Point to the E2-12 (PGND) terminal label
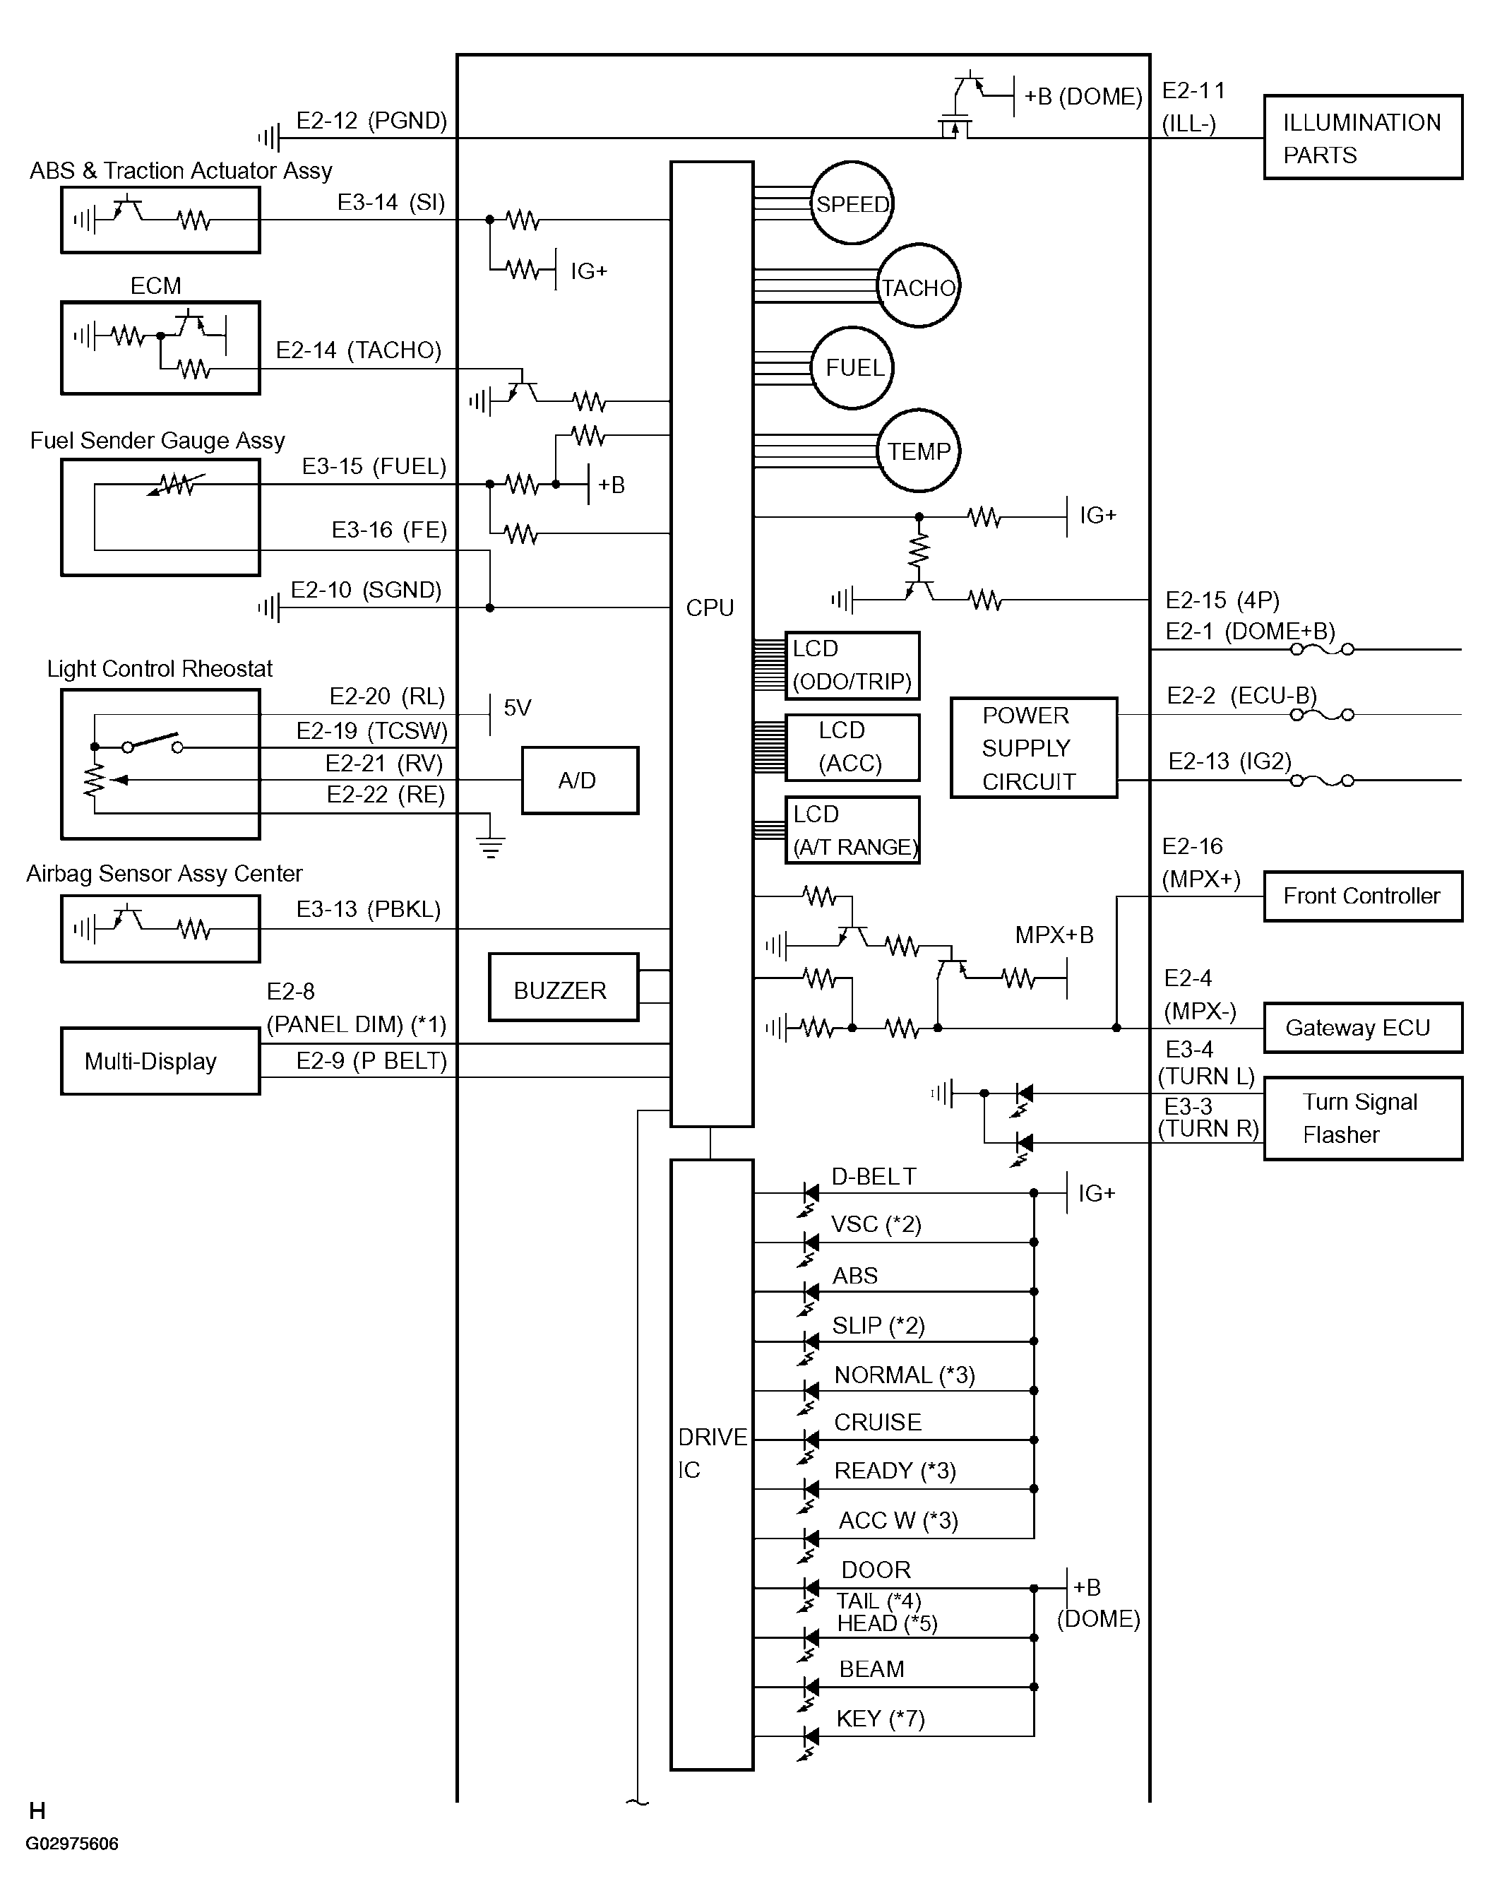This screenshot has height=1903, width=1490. (371, 120)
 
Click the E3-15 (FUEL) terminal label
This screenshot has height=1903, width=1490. (374, 466)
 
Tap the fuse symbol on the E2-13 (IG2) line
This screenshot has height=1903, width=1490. (1322, 780)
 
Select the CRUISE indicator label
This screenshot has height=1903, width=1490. (878, 1421)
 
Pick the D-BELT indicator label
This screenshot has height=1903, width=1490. (874, 1176)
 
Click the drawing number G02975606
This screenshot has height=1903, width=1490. (73, 1844)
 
